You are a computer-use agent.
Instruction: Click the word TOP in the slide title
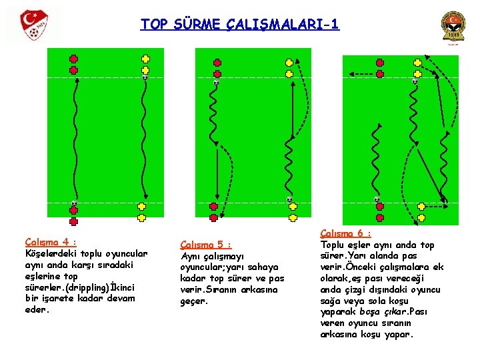tap(154, 25)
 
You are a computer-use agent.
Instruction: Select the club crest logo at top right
tap(454, 27)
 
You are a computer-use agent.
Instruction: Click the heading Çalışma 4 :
tap(51, 243)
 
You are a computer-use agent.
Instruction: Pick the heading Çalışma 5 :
tap(207, 244)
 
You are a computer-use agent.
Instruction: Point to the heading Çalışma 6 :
tap(345, 233)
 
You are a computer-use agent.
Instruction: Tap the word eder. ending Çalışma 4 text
tap(36, 309)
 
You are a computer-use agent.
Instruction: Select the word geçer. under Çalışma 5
tap(194, 301)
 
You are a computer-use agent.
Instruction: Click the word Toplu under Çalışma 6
tap(336, 245)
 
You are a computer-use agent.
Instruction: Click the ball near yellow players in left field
tap(145, 77)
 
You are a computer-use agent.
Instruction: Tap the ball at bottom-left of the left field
tap(74, 203)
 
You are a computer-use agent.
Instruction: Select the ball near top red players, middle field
tap(216, 83)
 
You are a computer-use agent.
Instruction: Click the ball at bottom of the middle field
tap(289, 199)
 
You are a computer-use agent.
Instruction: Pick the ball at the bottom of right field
tap(377, 199)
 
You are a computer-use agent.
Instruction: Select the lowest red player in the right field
tap(380, 217)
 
